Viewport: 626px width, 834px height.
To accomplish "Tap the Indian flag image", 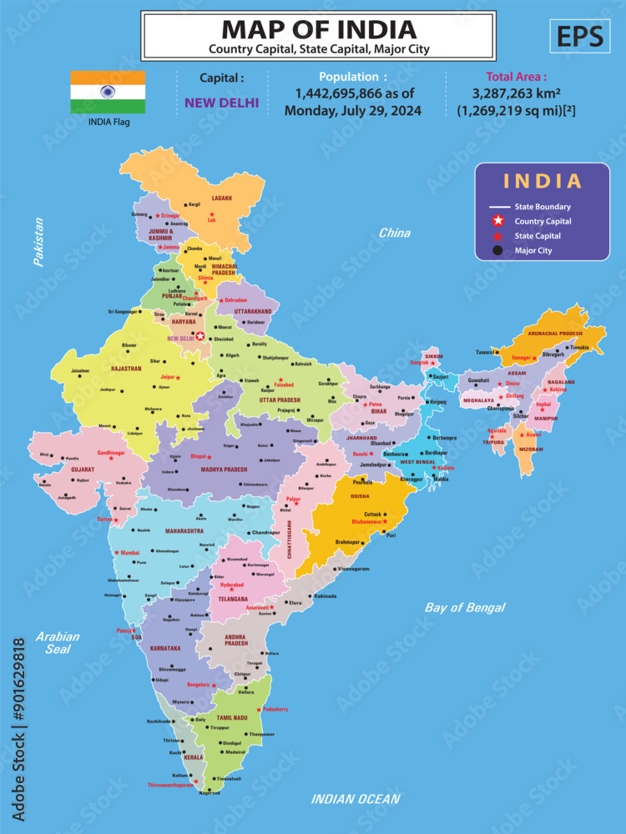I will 108,92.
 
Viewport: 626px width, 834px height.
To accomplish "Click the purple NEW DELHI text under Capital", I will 222,103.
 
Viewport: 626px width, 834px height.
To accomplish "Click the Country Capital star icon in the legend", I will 498,221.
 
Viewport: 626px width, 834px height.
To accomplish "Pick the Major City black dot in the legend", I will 498,250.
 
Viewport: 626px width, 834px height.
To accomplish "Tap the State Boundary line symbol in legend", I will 499,207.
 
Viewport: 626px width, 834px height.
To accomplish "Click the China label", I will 394,234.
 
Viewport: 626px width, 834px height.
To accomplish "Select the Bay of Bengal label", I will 464,607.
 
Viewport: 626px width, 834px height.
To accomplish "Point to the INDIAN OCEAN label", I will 356,799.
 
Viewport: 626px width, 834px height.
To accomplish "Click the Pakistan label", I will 38,242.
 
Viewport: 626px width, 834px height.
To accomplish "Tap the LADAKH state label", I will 221,198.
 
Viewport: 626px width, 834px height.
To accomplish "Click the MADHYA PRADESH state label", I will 224,469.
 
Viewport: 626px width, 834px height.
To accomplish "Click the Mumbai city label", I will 129,552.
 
